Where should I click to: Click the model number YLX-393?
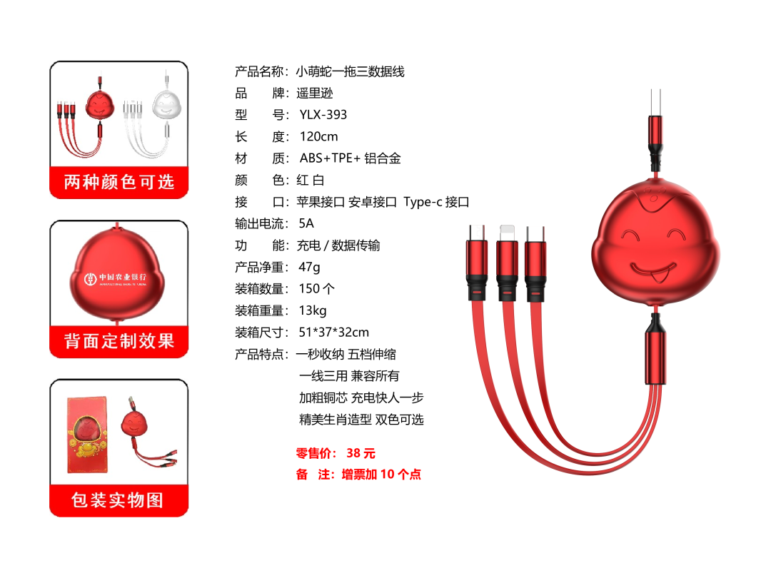point(323,114)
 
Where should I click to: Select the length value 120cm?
point(318,136)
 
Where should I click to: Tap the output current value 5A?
point(306,223)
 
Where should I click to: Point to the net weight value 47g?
point(309,268)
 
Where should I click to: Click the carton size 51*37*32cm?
point(334,333)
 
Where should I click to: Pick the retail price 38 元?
point(361,452)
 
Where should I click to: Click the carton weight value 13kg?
point(312,310)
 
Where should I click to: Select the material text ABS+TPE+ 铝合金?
point(350,158)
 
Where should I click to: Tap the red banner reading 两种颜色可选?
point(119,183)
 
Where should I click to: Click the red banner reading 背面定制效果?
point(119,341)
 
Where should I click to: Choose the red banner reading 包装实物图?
point(119,500)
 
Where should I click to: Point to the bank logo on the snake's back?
point(116,279)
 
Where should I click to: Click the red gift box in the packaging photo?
point(87,435)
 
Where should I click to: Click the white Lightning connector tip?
point(506,233)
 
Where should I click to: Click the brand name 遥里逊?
point(315,93)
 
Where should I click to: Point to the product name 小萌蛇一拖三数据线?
point(350,71)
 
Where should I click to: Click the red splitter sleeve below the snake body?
point(655,358)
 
